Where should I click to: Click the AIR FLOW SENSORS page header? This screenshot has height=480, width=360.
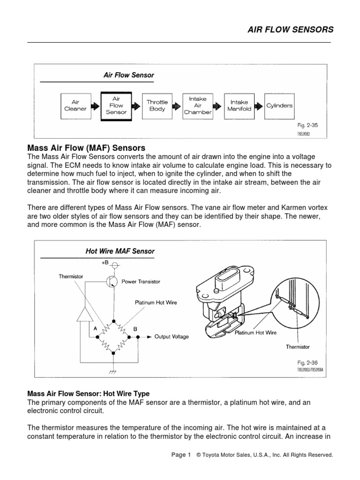coord(290,30)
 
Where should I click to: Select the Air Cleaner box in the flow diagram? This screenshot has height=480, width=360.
coord(75,105)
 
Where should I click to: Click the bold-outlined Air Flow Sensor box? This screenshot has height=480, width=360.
coord(116,105)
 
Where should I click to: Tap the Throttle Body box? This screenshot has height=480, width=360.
coord(157,105)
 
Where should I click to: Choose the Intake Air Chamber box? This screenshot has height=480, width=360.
coord(197,105)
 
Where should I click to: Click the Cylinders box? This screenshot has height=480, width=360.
coord(279,105)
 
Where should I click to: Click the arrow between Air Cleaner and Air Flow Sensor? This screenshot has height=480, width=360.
coord(96,106)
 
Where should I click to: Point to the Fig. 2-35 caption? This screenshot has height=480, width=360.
coord(307,126)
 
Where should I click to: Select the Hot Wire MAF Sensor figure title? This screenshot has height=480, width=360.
coord(120,251)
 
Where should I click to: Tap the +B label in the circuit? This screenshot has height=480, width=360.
coord(105,263)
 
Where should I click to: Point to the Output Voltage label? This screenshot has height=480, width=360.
coord(172,337)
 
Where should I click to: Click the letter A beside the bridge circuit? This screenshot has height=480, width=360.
coord(96,329)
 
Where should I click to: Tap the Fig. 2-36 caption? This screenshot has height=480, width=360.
coord(307,363)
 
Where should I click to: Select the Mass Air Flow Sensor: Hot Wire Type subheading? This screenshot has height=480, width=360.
coord(88,393)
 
